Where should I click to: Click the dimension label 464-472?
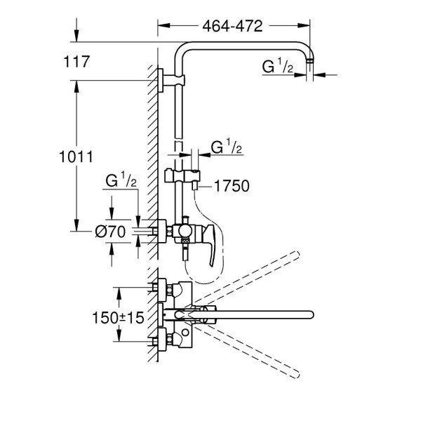coord(232,27)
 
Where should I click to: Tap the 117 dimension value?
coord(76,62)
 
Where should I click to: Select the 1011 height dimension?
coord(76,156)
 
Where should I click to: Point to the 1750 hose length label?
coord(232,186)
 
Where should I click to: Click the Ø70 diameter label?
coord(110,232)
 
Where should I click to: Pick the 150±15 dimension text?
coord(118,318)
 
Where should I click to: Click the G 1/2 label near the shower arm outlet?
coord(278,66)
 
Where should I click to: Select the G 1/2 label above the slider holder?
coord(227,147)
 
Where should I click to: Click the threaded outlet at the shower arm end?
coord(310,61)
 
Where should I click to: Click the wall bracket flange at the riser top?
coord(161,80)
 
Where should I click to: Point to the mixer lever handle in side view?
coord(210,243)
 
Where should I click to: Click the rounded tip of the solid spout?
coord(311,314)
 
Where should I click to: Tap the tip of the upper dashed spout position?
coord(296,255)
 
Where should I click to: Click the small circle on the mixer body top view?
coord(185,333)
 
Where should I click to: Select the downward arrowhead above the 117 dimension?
coord(76,36)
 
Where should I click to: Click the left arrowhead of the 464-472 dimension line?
coord(163,25)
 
